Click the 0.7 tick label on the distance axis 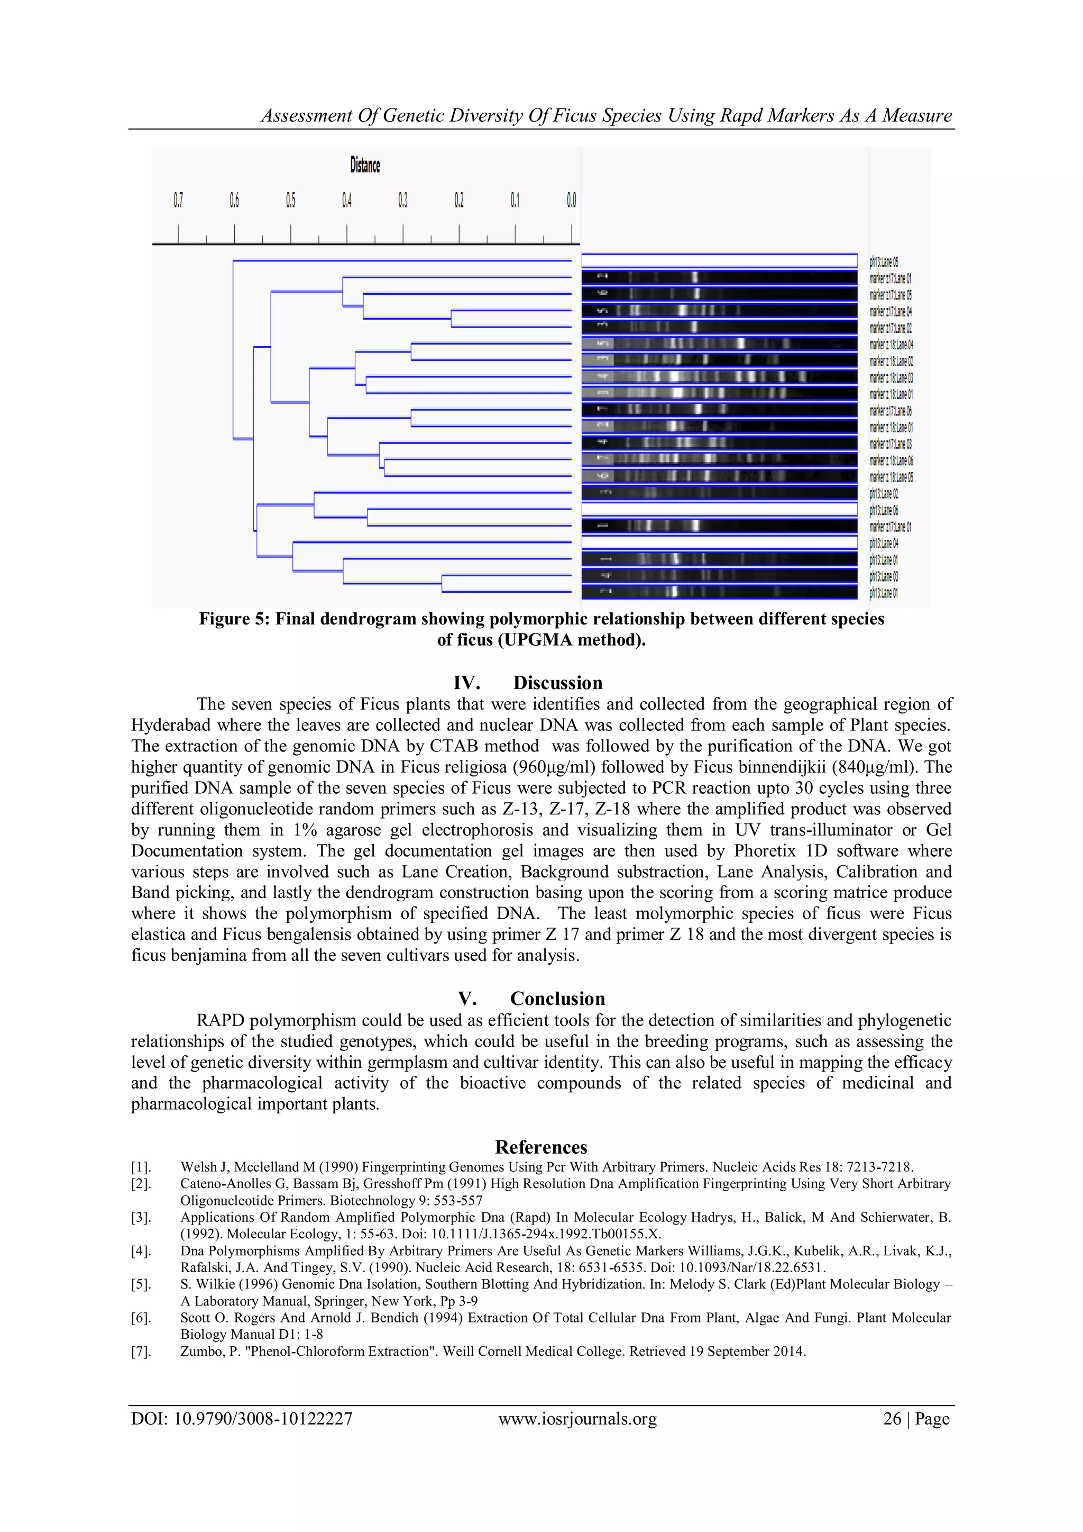pos(178,200)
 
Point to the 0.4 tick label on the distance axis pos(347,200)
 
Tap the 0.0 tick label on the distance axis pos(572,200)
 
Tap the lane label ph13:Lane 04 pos(884,543)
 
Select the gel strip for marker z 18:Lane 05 pos(719,476)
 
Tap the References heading pos(541,1147)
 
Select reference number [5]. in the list pos(141,1284)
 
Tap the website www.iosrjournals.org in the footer pos(577,1419)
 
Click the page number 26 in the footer pos(892,1419)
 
